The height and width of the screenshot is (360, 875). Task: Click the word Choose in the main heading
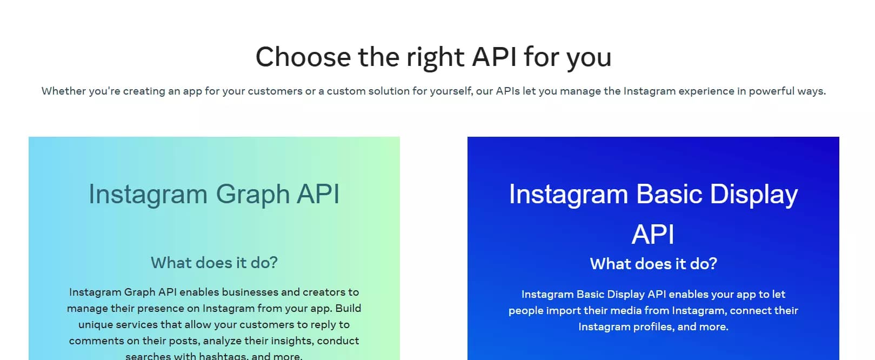[x=303, y=57]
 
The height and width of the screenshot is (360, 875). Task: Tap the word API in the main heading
[x=494, y=57]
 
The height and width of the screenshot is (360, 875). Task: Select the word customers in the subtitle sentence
[x=275, y=91]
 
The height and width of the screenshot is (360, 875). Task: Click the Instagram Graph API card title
[x=214, y=194]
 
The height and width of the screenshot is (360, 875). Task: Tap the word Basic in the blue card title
[x=669, y=194]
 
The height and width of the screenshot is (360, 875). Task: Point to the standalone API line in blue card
[x=653, y=235]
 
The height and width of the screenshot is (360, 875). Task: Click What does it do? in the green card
[x=214, y=263]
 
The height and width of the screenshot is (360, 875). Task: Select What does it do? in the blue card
[x=653, y=264]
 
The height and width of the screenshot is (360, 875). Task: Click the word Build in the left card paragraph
[x=348, y=308]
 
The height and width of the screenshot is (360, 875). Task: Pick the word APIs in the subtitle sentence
[x=507, y=91]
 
